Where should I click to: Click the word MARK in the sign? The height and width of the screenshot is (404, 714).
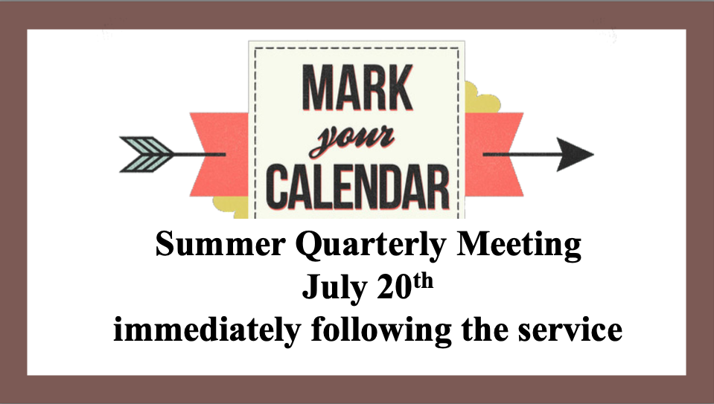click(x=357, y=87)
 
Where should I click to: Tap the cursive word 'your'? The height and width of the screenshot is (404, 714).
click(x=351, y=140)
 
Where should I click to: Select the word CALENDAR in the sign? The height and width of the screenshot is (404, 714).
click(x=357, y=188)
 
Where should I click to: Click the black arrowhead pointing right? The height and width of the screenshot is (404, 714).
click(x=576, y=155)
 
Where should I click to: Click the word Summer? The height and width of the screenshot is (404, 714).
click(x=220, y=244)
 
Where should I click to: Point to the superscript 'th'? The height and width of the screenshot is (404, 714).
click(x=423, y=281)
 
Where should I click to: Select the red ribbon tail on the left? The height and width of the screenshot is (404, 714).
click(x=220, y=155)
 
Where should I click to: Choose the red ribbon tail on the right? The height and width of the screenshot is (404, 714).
click(x=494, y=155)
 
